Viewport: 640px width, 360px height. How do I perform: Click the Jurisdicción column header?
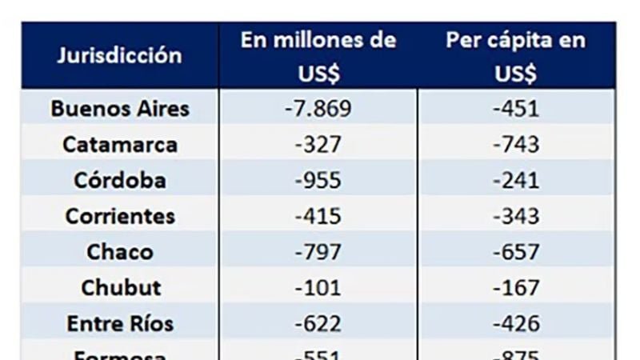coord(119,56)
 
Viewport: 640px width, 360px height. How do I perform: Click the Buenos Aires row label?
coord(120,109)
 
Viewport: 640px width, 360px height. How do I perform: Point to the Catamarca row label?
coord(120,145)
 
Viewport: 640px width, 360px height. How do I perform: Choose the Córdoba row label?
coord(120,180)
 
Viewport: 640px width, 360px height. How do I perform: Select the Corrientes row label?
coord(120,216)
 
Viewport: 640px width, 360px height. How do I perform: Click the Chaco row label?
coord(120,252)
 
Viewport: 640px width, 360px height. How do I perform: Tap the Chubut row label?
coord(120,287)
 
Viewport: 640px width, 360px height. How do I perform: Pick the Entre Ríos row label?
coord(120,323)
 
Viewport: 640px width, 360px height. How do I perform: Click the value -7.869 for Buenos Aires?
coord(318,109)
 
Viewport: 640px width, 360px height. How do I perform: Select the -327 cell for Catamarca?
coord(318,145)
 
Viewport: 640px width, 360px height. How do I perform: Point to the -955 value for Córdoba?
coord(318,180)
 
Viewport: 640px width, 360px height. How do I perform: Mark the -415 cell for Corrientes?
coord(318,216)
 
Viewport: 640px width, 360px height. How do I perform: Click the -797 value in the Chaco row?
coord(318,252)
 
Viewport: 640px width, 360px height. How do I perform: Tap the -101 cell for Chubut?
coord(318,287)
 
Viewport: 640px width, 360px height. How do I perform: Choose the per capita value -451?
coord(516,109)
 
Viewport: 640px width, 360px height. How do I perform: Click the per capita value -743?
coord(516,145)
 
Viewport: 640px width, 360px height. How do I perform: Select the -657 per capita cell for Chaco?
coord(516,252)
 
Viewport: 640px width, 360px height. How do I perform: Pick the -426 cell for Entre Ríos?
coord(516,323)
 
